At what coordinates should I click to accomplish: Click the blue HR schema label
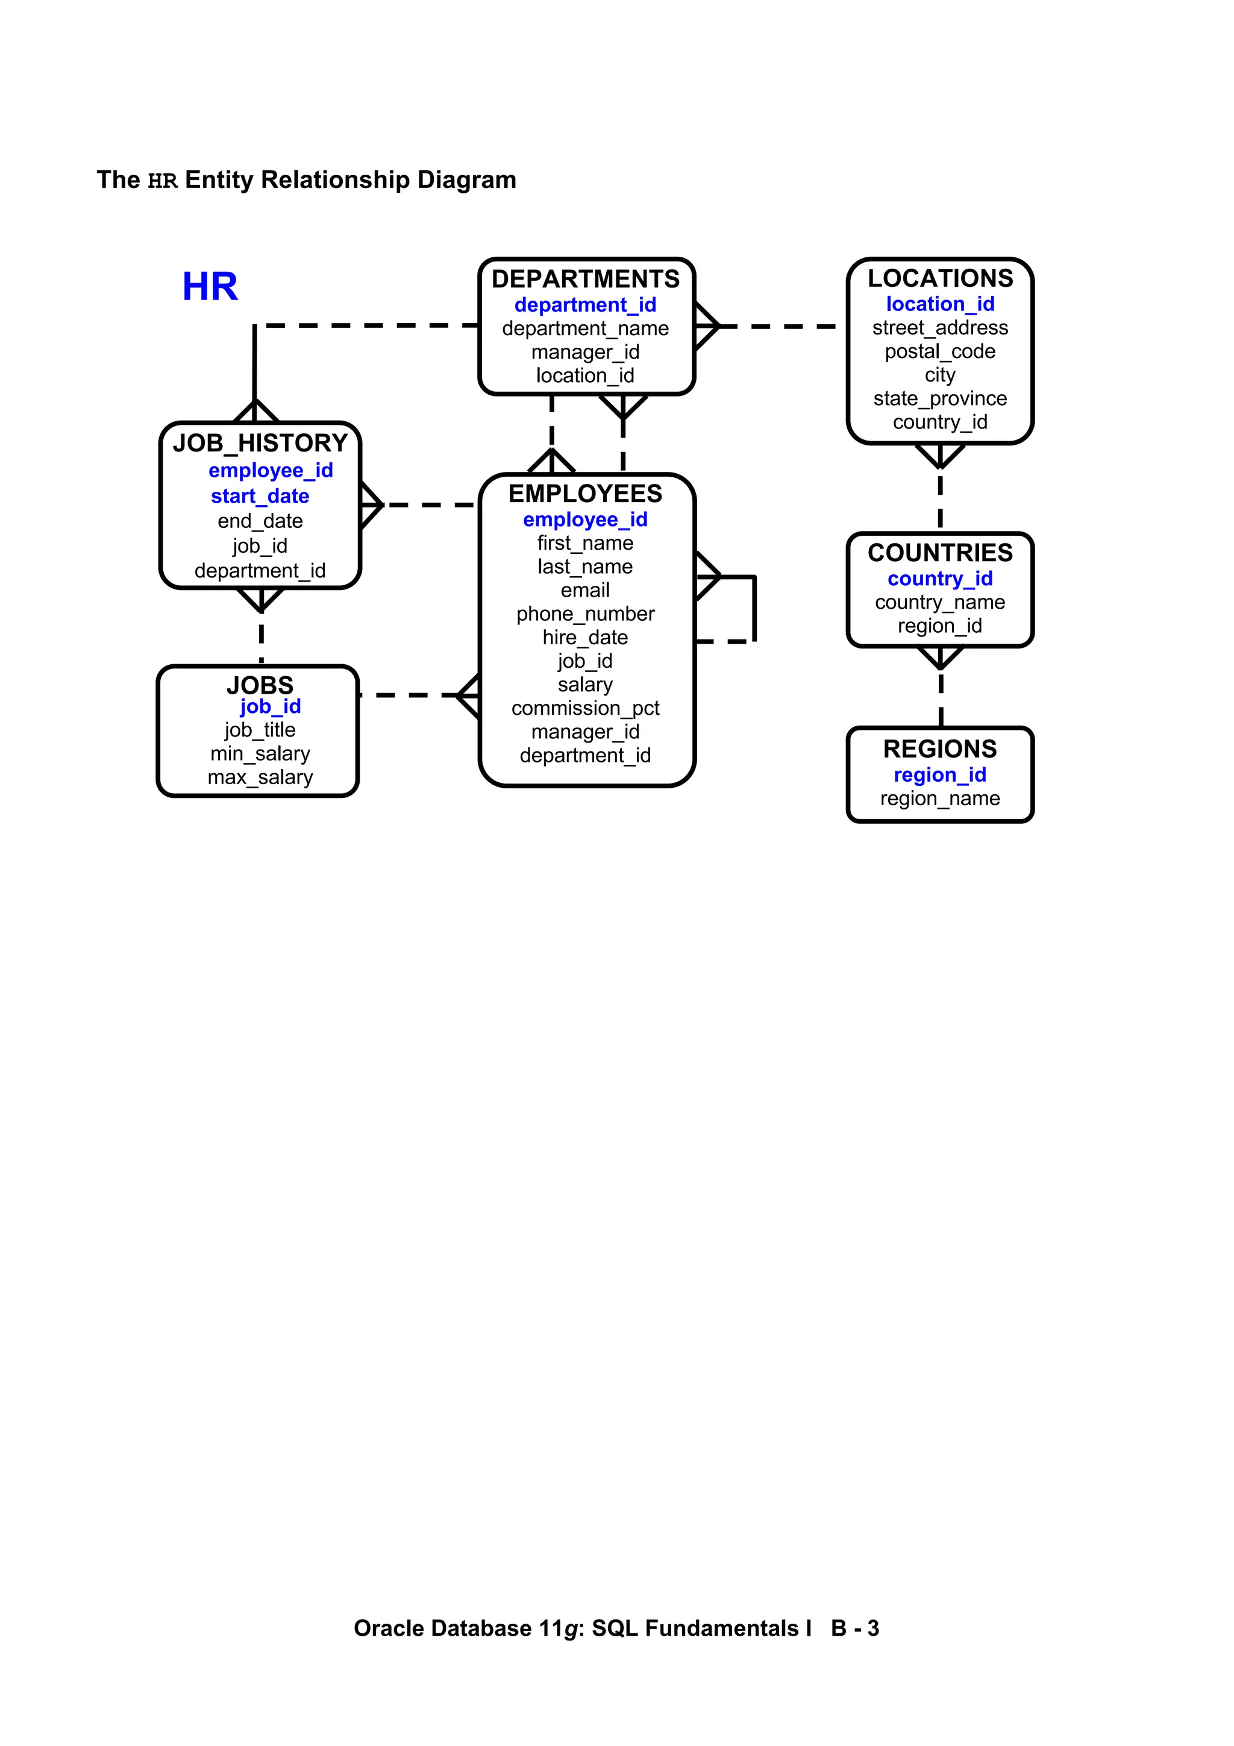click(210, 287)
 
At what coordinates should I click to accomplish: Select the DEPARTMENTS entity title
click(586, 279)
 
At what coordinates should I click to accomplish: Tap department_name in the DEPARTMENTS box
click(586, 328)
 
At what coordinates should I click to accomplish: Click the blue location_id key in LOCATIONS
click(940, 304)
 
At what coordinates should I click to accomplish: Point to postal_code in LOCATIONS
click(940, 351)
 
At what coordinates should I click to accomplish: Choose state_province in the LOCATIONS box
click(940, 398)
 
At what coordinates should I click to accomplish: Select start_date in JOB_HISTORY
click(260, 497)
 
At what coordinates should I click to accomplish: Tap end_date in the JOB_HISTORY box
click(260, 521)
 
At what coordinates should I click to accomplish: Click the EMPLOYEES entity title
click(586, 494)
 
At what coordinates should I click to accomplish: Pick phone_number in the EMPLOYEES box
click(586, 614)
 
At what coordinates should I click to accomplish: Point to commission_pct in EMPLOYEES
click(586, 708)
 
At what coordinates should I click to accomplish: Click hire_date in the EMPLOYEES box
click(586, 637)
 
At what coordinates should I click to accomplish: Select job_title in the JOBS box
click(260, 730)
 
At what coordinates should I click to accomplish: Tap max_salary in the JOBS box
click(260, 777)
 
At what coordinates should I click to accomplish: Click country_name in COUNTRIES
click(940, 602)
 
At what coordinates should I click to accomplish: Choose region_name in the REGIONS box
click(940, 799)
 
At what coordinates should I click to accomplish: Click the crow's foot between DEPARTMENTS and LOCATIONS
click(707, 326)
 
